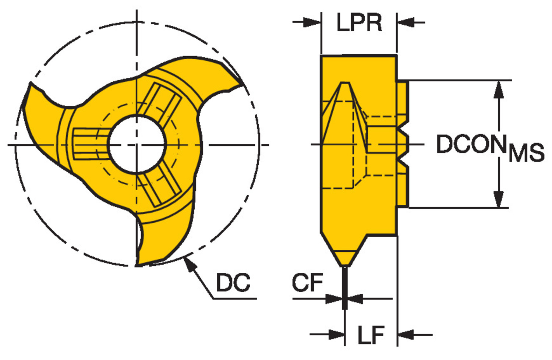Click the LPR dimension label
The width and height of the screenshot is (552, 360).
(x=359, y=23)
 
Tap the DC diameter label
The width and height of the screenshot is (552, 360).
(x=233, y=283)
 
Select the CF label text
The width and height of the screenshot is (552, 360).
(x=307, y=283)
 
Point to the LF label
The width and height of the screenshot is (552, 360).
(x=371, y=335)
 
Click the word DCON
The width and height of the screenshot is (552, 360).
(x=471, y=144)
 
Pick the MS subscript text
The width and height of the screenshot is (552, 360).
(x=526, y=152)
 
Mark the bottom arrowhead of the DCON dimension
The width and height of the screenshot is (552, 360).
(x=498, y=201)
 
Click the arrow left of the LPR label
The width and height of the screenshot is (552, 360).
(x=312, y=22)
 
